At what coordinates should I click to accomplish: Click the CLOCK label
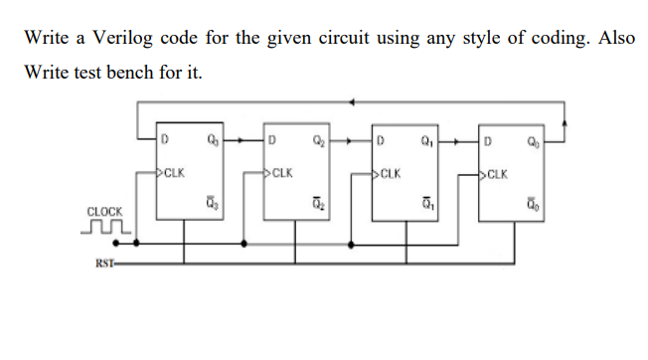click(104, 212)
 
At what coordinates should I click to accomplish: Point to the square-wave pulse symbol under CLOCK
click(107, 228)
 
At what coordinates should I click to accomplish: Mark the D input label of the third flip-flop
click(379, 139)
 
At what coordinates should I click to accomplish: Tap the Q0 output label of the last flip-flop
click(531, 139)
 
